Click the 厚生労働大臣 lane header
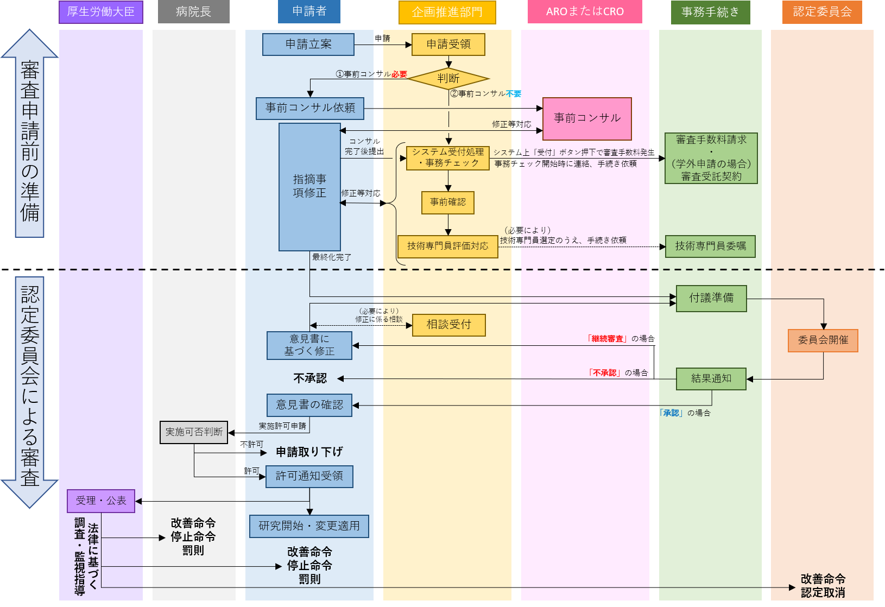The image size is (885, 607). point(100,12)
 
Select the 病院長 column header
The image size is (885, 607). point(193,12)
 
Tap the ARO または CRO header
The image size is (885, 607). point(585,12)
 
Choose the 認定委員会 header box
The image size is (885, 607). point(822,12)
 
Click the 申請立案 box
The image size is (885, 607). point(308,45)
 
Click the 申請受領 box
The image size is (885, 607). point(448,45)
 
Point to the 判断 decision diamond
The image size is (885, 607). point(448,79)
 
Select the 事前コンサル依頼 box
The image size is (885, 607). point(310,108)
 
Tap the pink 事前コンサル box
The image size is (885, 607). point(587,118)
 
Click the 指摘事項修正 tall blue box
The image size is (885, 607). point(309,186)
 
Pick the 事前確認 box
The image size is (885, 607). point(448,203)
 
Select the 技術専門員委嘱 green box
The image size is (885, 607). point(710,246)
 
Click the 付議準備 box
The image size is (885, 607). point(711,298)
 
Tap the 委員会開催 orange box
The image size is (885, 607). point(823,340)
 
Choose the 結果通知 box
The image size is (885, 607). point(711,378)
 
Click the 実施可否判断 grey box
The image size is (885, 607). point(194,432)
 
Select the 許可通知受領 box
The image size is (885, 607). point(309,476)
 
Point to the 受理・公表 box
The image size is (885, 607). point(101,501)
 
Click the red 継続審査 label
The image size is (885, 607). point(607,339)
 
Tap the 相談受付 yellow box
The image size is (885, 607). point(448,325)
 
